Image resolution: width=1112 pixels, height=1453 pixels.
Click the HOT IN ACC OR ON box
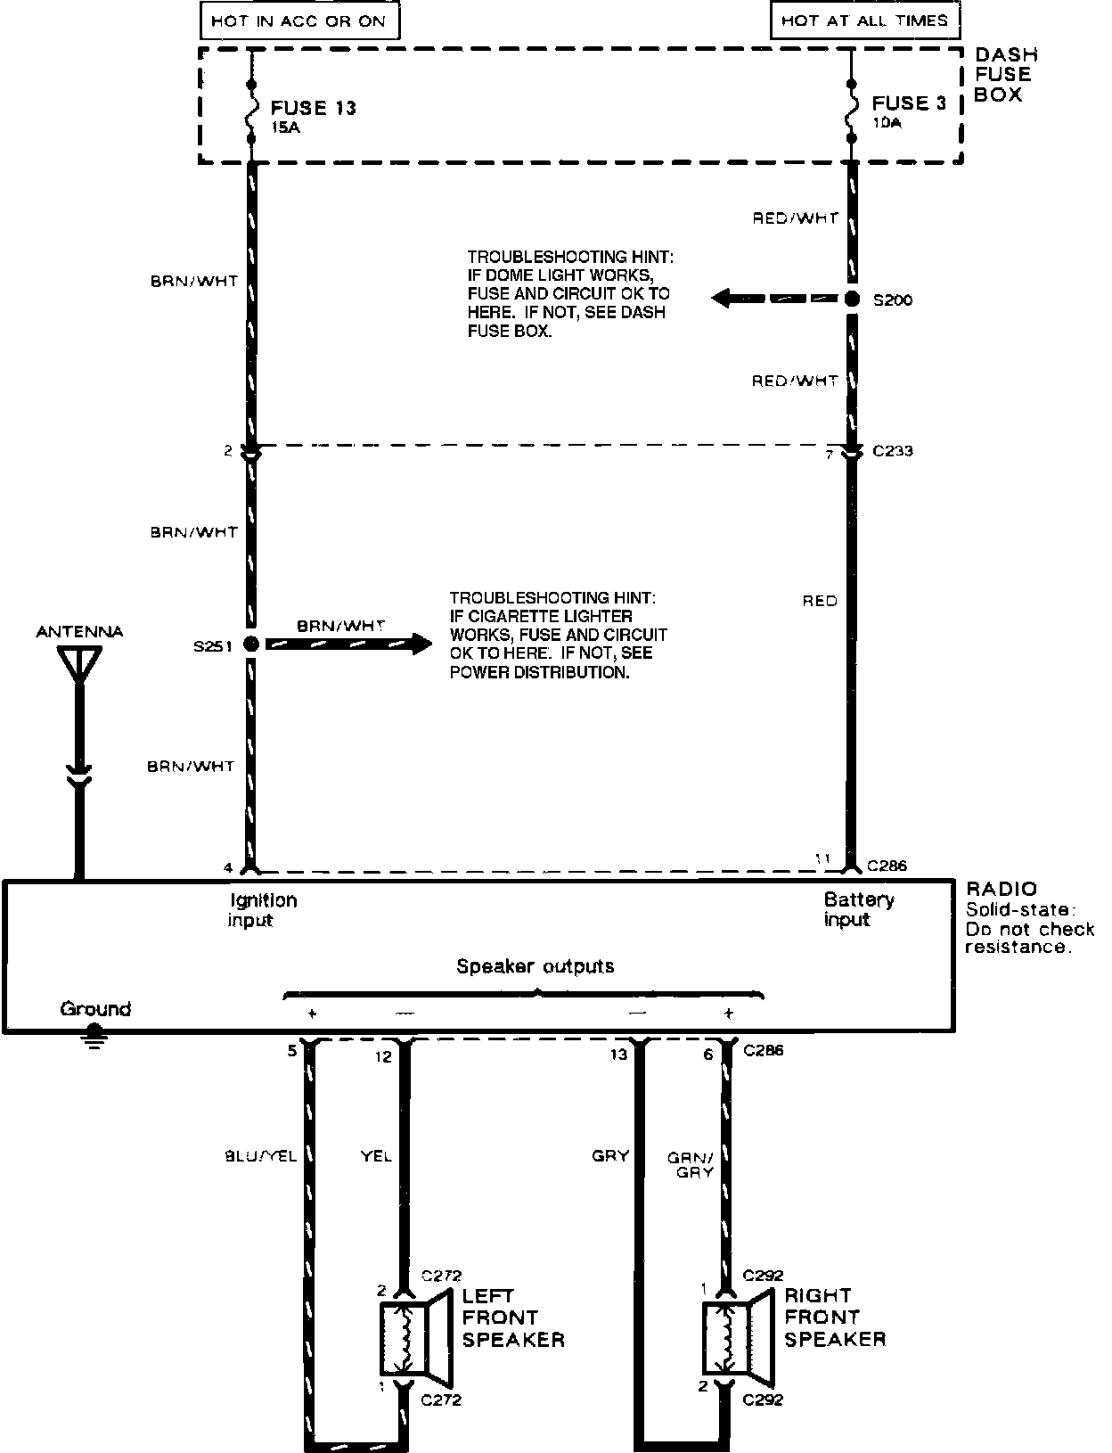[298, 21]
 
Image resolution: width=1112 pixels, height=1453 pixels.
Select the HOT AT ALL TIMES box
[864, 21]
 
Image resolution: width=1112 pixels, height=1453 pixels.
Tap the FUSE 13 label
[313, 108]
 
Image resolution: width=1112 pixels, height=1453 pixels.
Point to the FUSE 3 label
[909, 103]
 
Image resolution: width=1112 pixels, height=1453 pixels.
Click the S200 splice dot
[852, 299]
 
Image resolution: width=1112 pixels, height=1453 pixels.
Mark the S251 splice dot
[251, 644]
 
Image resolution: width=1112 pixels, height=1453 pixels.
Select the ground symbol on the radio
[94, 1038]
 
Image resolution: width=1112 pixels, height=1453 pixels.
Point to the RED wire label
[820, 601]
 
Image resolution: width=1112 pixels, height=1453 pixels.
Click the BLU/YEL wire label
[260, 1157]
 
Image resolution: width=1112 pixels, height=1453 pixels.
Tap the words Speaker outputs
[535, 966]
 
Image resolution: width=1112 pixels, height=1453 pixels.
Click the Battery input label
[858, 909]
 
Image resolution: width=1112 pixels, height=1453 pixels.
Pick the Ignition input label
[261, 909]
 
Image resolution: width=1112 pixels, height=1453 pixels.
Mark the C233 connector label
[892, 451]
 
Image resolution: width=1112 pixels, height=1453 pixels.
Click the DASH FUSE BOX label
[1005, 75]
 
